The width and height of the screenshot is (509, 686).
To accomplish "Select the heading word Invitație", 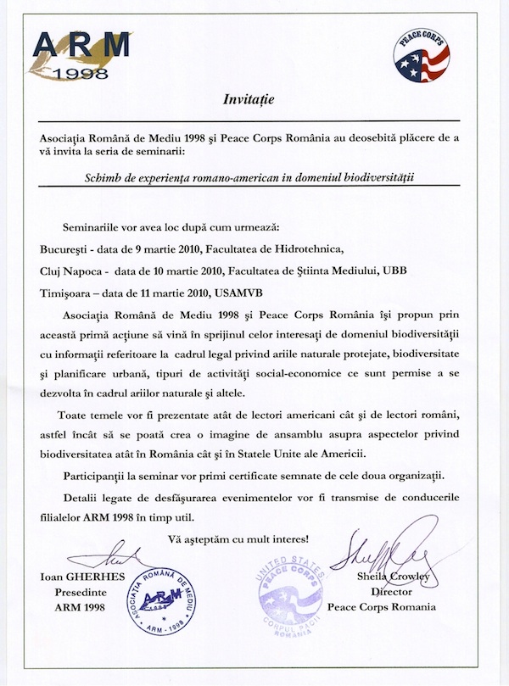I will [x=254, y=100].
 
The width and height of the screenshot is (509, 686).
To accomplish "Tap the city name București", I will [x=70, y=250].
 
